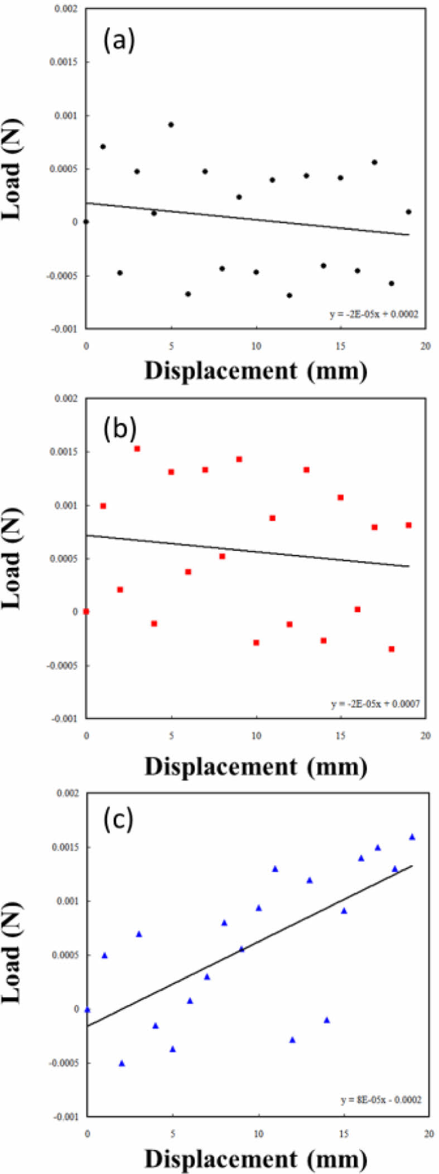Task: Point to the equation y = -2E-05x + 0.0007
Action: click(x=375, y=704)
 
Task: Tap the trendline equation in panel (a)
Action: click(x=374, y=315)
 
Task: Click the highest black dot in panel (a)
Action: click(x=171, y=124)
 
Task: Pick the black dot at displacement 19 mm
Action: click(x=408, y=212)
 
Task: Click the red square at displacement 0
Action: click(x=86, y=611)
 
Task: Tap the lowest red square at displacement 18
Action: click(x=392, y=649)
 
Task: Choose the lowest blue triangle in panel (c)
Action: click(x=122, y=1063)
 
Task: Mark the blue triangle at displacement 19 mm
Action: click(x=412, y=837)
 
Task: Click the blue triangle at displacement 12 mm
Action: click(x=292, y=1040)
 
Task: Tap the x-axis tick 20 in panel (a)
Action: click(x=426, y=346)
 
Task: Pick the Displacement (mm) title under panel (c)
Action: click(x=256, y=1159)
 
